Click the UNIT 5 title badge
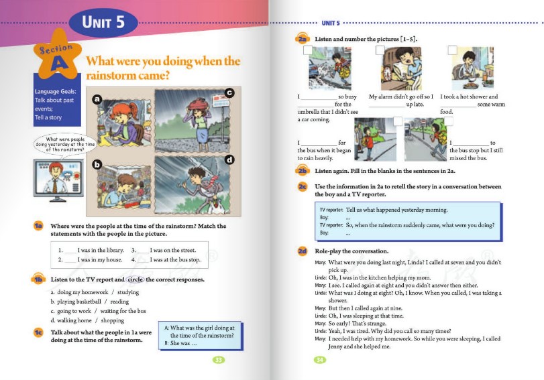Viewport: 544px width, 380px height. (103, 21)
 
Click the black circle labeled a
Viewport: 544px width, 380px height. (97, 100)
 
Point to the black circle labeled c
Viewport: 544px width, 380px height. (229, 92)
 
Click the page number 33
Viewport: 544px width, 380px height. (218, 361)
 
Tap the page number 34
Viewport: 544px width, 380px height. (321, 361)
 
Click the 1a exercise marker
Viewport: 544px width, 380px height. (38, 227)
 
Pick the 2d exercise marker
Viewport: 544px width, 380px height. (303, 251)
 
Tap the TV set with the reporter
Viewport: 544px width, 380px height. (61, 179)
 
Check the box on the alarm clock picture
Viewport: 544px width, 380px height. (380, 50)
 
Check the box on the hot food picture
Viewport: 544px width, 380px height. (452, 50)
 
